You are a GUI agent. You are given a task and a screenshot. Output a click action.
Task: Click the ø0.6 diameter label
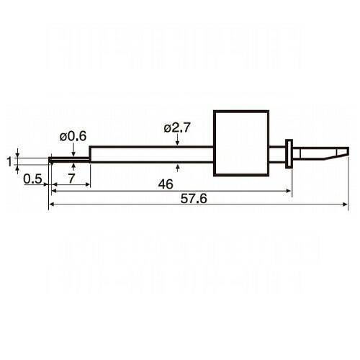pos(73,137)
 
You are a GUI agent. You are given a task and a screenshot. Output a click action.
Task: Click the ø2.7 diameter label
pos(177,128)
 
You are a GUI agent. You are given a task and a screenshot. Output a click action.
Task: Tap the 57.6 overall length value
pos(194,199)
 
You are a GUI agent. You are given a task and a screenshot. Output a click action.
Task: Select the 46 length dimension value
pos(166,184)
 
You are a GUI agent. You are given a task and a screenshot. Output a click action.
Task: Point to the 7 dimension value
pos(71,179)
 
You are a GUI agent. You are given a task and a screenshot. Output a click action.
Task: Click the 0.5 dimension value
pos(33,179)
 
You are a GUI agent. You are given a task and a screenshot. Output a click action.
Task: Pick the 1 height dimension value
pos(9,161)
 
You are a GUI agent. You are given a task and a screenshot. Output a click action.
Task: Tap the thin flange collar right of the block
pos(289,153)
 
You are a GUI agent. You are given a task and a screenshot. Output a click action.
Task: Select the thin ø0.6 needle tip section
pos(69,160)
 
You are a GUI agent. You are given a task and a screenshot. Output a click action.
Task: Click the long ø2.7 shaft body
pos(151,154)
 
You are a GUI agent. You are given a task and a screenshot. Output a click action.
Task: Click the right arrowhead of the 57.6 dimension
pos(345,204)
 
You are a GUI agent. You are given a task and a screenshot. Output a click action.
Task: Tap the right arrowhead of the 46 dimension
pos(289,191)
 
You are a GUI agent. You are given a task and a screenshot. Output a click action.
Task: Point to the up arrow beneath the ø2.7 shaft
pos(178,168)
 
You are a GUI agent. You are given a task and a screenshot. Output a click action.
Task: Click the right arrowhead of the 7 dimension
pos(87,184)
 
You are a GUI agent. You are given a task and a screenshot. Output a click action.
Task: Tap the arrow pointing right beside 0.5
pos(46,184)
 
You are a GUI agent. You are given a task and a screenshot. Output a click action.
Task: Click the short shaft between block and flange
pos(277,153)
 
